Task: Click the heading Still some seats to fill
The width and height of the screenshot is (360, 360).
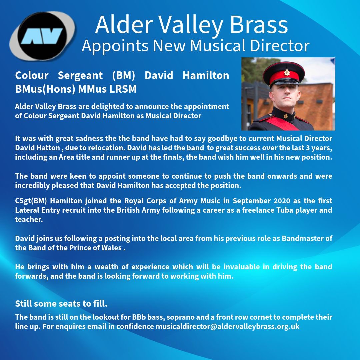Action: coord(61,304)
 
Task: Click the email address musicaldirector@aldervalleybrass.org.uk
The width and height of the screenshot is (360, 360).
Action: coord(228,326)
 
